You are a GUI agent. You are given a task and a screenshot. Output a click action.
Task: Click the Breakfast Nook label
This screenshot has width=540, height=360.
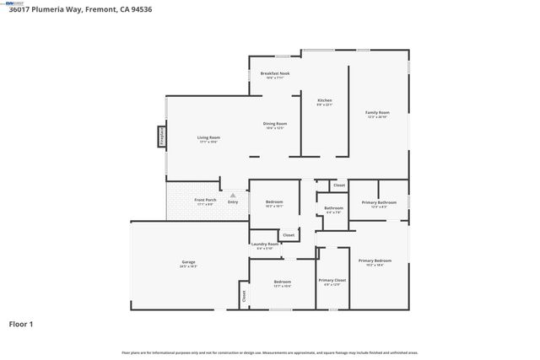275,73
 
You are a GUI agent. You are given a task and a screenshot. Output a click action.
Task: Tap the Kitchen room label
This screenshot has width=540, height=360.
324,102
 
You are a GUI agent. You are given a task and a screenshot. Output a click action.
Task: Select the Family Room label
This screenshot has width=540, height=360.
377,113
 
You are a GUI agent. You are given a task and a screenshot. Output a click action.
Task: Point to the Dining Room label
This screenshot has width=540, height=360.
275,124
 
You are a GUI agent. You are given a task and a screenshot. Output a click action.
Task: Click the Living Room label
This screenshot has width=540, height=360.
209,137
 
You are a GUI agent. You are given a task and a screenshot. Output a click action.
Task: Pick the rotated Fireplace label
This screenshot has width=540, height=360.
161,137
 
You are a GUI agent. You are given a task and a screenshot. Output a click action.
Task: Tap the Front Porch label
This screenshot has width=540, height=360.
206,200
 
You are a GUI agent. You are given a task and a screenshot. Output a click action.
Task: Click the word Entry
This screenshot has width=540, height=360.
233,202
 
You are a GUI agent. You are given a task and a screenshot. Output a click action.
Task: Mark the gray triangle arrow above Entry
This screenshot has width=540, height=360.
233,195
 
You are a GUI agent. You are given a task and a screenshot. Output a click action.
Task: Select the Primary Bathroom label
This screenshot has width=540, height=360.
379,202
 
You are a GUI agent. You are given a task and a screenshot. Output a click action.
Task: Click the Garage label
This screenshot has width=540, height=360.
188,262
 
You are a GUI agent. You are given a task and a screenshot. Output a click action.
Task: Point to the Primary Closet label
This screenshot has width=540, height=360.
332,280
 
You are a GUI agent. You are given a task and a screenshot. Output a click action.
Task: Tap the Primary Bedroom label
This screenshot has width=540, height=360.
375,261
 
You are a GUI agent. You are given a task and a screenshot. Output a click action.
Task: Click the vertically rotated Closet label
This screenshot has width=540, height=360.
244,296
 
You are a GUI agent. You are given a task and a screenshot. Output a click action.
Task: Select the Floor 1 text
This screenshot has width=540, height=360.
22,323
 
